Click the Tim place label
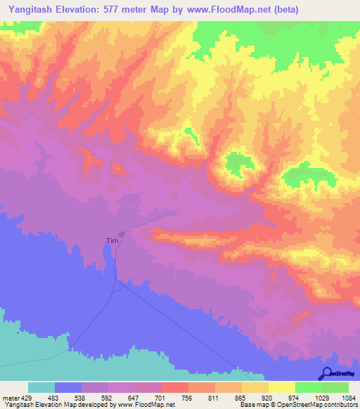point(111,240)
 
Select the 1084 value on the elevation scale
point(347,397)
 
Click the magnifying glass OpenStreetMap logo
point(327,373)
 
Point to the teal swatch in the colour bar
point(41,387)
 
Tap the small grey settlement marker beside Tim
point(122,235)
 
